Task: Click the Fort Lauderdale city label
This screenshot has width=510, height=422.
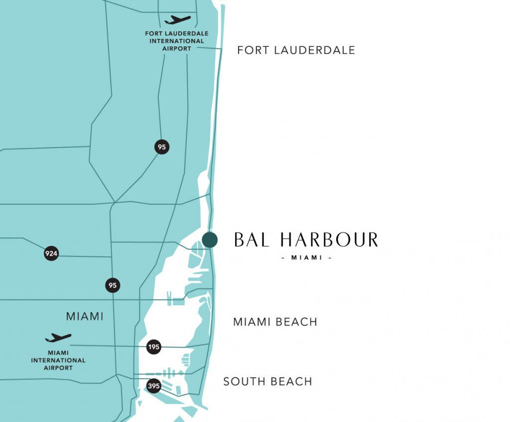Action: [x=296, y=50]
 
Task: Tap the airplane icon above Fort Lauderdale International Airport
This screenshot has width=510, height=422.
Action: [x=177, y=20]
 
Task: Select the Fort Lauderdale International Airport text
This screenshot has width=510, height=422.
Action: [x=177, y=41]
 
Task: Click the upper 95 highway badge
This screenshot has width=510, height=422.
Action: [x=161, y=147]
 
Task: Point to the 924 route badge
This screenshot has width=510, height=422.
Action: [x=51, y=253]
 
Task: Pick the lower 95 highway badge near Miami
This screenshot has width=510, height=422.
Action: [x=113, y=286]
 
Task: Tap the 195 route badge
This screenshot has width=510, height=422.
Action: [x=154, y=347]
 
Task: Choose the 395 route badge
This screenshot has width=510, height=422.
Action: [x=154, y=386]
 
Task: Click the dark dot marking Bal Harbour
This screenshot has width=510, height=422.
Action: [x=210, y=240]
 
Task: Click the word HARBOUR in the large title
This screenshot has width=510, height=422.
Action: [x=329, y=240]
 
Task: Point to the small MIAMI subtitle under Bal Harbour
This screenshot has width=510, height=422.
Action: [x=306, y=258]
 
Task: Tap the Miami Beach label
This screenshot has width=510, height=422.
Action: [x=275, y=322]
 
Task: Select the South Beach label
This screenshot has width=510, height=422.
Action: [x=267, y=382]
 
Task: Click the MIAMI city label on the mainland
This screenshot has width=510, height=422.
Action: [x=85, y=316]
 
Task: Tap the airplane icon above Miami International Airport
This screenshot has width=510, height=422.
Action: [x=58, y=338]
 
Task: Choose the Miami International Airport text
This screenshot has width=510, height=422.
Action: [x=58, y=360]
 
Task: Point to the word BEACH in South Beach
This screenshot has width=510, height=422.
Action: [x=291, y=382]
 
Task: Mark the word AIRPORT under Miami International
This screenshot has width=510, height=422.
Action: [x=58, y=368]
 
